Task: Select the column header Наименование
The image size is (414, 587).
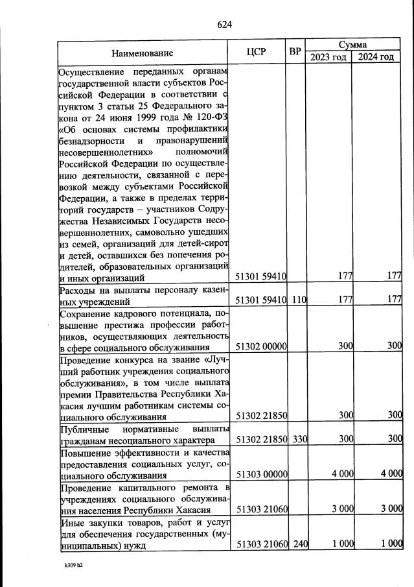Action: click(x=142, y=53)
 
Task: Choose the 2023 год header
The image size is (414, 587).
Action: click(x=328, y=57)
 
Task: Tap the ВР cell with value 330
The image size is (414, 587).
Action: click(x=298, y=439)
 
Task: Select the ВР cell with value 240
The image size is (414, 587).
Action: click(x=298, y=545)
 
